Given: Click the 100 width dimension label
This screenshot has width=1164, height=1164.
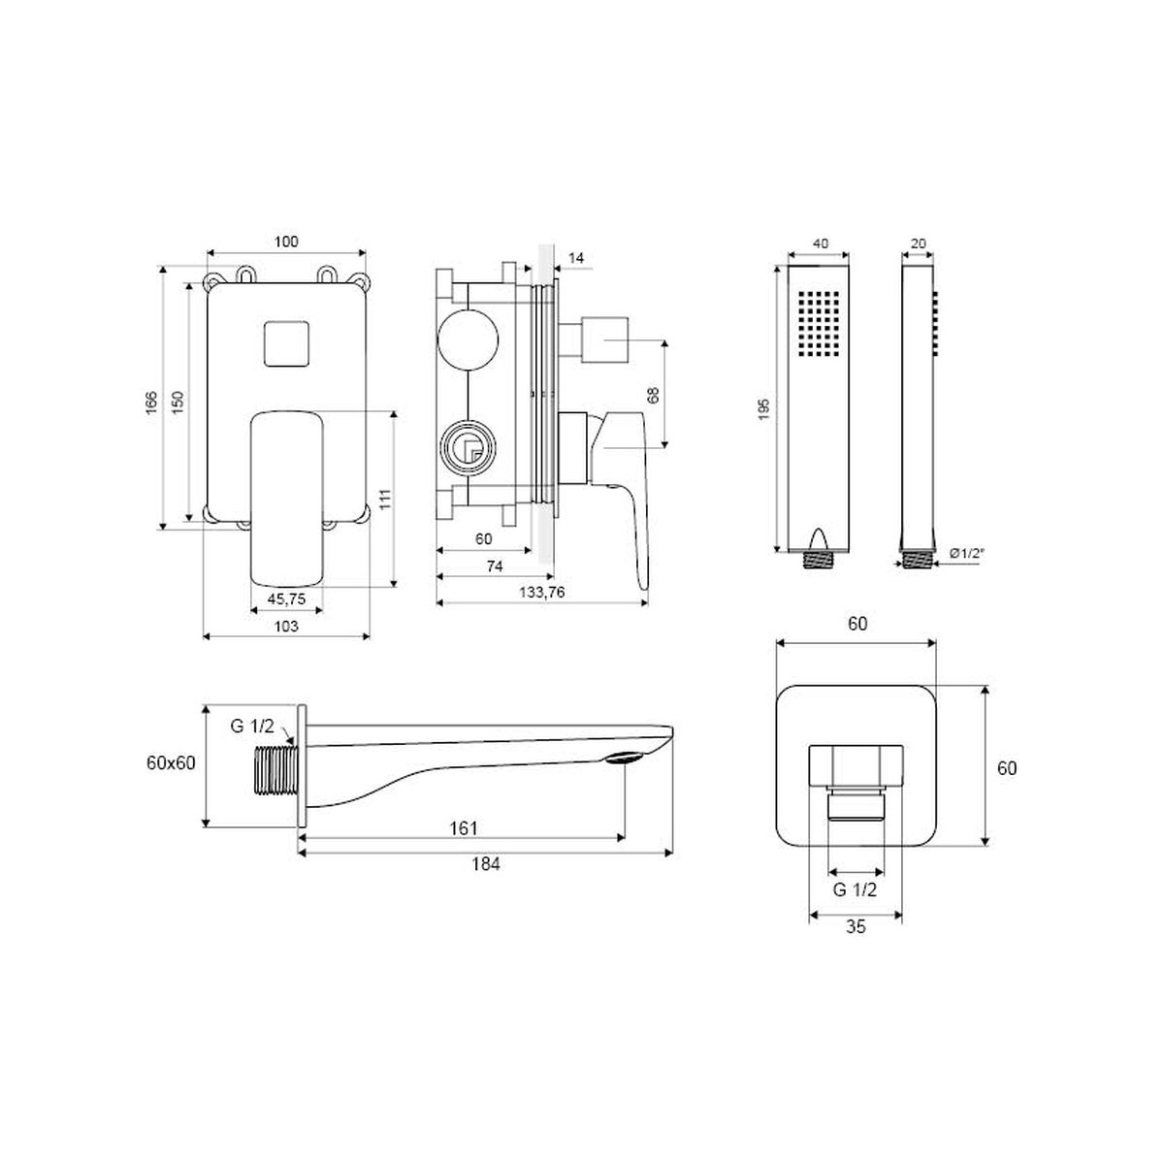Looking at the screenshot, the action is [x=286, y=242].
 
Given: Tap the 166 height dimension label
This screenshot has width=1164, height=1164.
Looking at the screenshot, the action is [x=151, y=403].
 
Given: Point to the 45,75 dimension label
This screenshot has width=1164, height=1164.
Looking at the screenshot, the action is [x=286, y=598].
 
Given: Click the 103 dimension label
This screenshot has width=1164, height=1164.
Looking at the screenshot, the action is [x=286, y=627].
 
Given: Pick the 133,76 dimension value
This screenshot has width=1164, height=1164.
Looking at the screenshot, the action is [x=542, y=592].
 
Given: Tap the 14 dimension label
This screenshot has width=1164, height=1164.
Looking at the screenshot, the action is [x=576, y=259].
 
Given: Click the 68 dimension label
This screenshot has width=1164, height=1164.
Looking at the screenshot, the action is [x=653, y=395].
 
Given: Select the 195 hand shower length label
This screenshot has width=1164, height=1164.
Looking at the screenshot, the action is [x=764, y=409].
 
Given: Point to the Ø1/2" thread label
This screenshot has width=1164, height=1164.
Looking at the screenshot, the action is [x=966, y=552].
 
